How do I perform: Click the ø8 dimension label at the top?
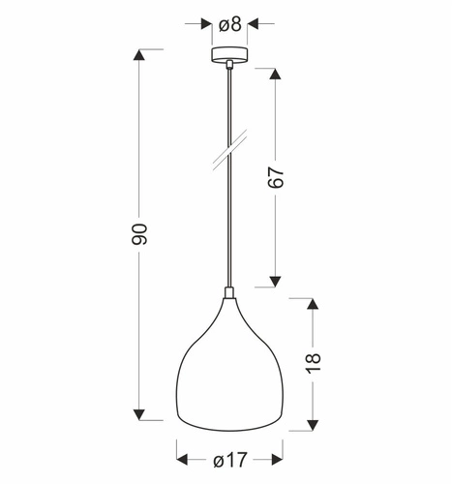tap(229, 21)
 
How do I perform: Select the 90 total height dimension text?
tap(140, 233)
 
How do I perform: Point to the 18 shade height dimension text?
tap(312, 364)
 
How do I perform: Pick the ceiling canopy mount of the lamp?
tap(229, 54)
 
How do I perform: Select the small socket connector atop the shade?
tap(229, 294)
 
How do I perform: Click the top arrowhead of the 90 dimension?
tap(140, 54)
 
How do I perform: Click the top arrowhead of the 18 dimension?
tap(312, 305)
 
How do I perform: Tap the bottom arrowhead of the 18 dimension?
tap(312, 424)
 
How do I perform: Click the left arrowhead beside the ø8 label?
tap(206, 21)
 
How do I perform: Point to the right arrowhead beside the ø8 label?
tap(255, 21)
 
